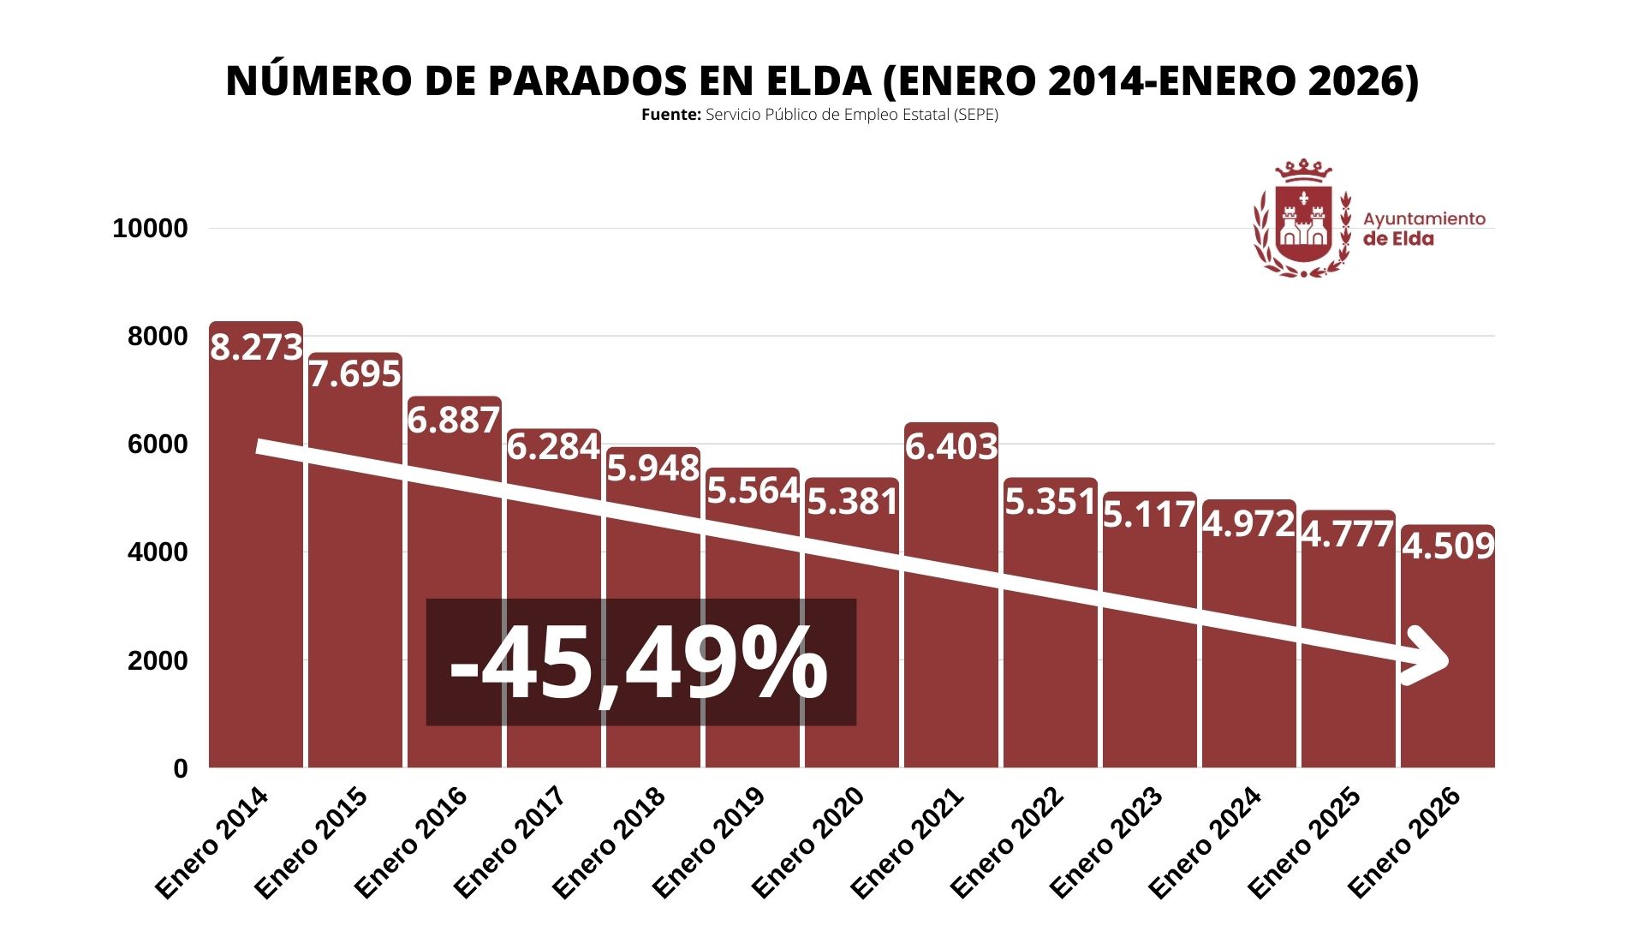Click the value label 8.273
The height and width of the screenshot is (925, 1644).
point(256,347)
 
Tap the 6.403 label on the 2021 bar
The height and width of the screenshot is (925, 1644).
point(951,446)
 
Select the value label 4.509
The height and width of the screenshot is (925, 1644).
point(1448,546)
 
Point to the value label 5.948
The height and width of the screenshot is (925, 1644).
point(653,468)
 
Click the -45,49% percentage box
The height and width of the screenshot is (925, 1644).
point(640,662)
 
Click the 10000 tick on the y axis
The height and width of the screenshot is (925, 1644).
point(150,229)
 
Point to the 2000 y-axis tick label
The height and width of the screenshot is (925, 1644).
point(157,661)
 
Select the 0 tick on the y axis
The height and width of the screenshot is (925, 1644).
point(180,769)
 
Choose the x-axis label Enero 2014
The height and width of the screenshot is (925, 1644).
point(211,844)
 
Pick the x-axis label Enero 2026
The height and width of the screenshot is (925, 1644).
point(1403,844)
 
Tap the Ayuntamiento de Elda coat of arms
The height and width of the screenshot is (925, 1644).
point(1302,219)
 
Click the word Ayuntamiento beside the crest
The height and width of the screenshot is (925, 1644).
point(1424,218)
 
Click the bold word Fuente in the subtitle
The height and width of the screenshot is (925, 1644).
point(670,115)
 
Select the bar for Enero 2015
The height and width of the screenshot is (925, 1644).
point(354,600)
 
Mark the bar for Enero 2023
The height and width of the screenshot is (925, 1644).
point(1149,668)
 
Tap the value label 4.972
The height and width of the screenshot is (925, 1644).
point(1248,523)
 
